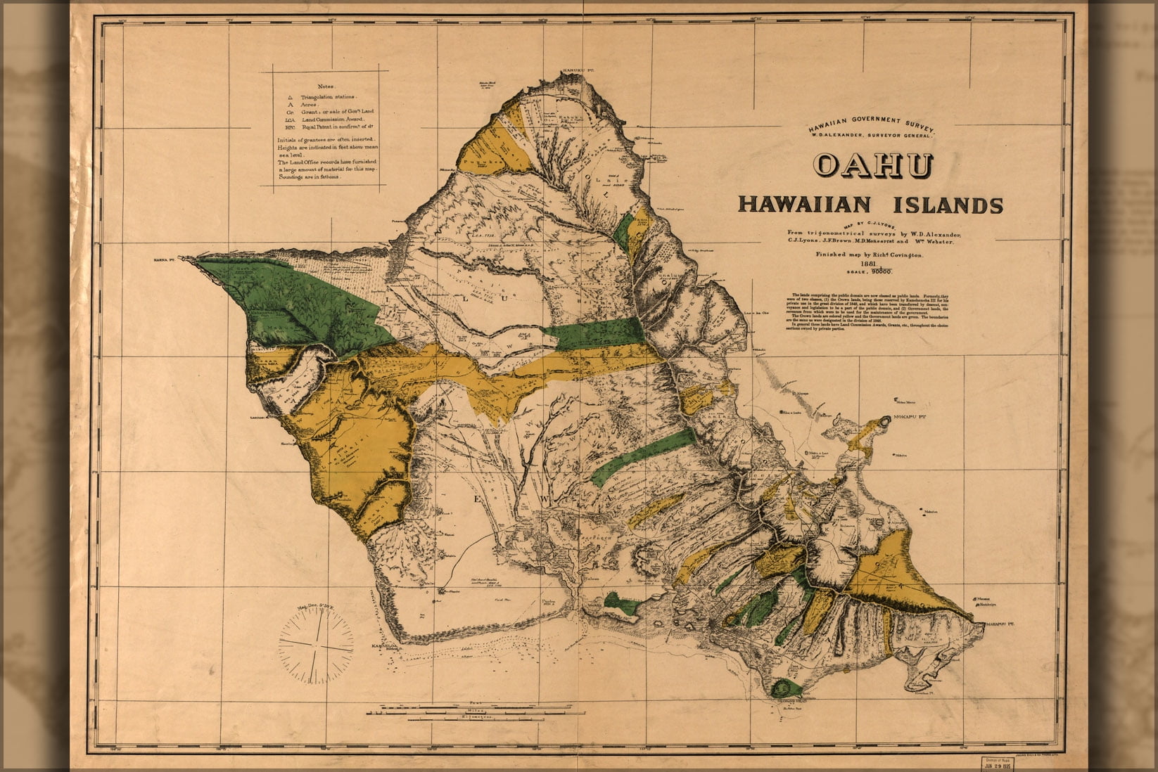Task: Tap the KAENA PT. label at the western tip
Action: [x=167, y=259]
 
